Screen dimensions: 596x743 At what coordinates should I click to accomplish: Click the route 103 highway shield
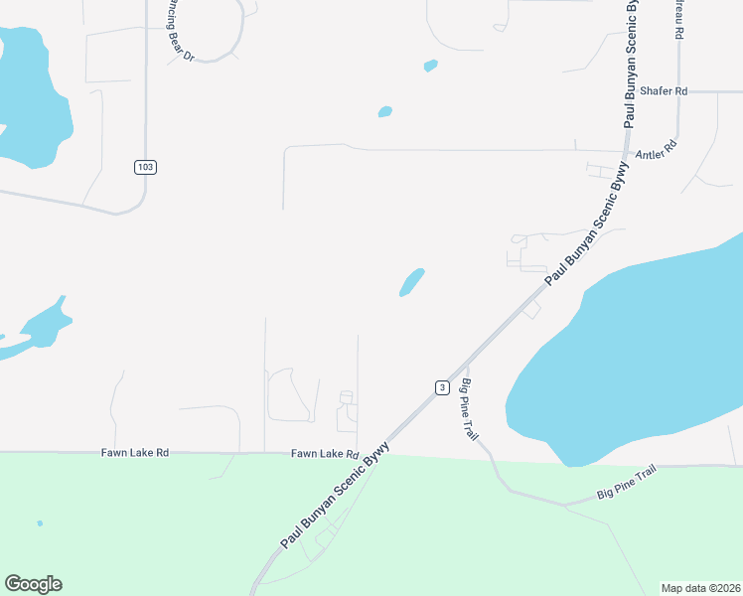145,167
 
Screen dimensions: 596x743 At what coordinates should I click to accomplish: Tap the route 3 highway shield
442,386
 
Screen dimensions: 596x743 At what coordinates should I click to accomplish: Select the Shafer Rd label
664,91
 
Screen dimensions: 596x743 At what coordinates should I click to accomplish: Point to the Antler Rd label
655,152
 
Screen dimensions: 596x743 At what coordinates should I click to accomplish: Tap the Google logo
33,584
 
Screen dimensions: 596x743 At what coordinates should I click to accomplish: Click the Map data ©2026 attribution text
700,588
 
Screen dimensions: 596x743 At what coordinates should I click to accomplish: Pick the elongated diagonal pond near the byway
411,282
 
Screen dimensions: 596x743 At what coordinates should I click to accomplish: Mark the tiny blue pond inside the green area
40,523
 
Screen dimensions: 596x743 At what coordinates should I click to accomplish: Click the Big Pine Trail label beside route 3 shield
471,410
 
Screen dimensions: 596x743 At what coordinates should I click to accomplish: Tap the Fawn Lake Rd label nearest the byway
324,454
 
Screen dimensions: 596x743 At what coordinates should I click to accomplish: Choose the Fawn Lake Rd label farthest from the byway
135,453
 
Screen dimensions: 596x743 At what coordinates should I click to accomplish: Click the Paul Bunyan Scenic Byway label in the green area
334,497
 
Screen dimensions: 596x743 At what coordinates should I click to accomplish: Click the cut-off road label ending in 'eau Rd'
679,20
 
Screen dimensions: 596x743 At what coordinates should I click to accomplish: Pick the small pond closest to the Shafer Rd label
430,67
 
